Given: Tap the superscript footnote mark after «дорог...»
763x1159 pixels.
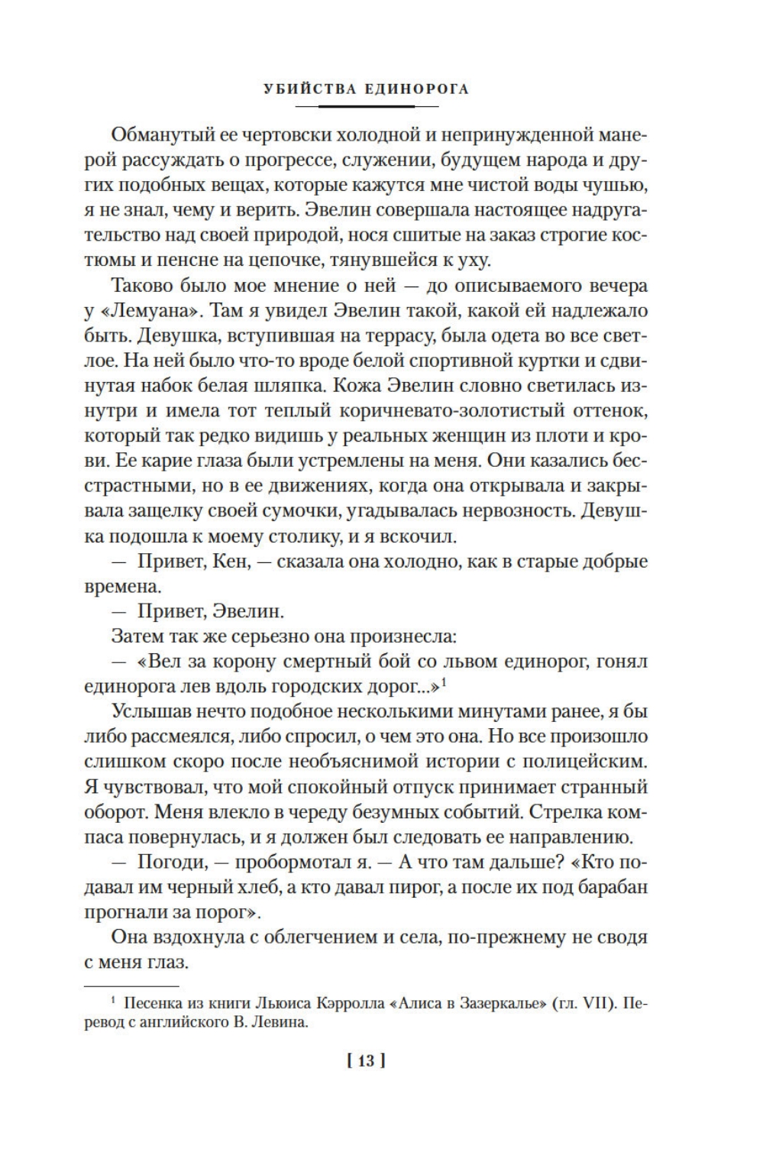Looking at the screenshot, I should pos(444,682).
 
